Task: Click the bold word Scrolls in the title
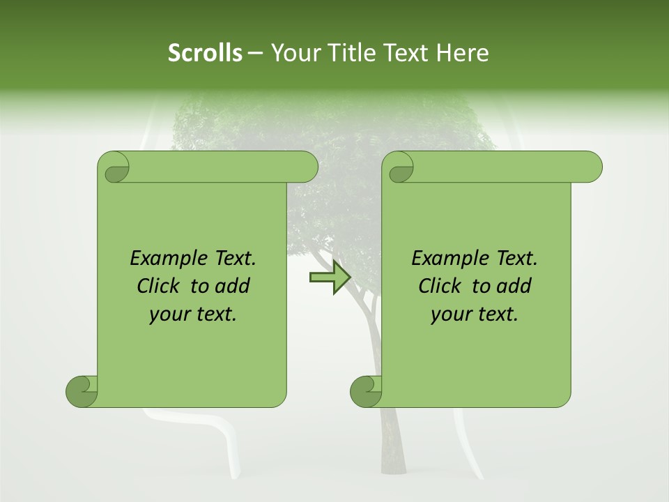pyautogui.click(x=205, y=53)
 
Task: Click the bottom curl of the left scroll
pyautogui.click(x=82, y=390)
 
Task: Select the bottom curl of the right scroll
pyautogui.click(x=366, y=390)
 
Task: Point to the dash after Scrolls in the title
pyautogui.click(x=255, y=53)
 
